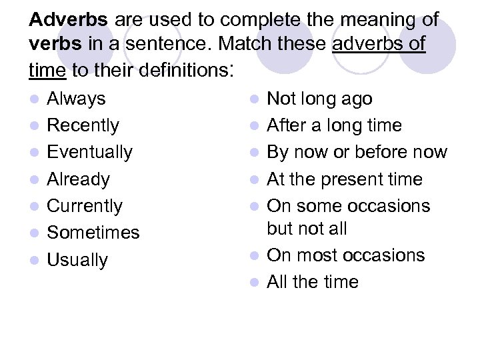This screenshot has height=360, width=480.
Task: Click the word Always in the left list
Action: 76,99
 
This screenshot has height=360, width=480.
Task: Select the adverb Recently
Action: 83,125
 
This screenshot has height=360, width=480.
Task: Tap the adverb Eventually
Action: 89,152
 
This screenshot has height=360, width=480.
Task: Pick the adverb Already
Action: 78,179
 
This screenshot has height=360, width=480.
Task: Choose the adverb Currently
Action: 84,206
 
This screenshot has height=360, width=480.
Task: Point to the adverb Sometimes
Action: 93,233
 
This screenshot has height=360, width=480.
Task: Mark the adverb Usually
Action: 77,260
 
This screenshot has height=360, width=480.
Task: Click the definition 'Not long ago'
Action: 319,99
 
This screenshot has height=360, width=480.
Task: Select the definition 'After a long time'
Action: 334,125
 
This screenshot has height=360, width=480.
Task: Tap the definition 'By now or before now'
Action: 357,152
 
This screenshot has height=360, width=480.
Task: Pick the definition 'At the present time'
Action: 344,179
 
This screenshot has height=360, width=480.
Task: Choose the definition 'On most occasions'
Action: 345,255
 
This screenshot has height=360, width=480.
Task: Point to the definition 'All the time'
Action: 312,282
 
